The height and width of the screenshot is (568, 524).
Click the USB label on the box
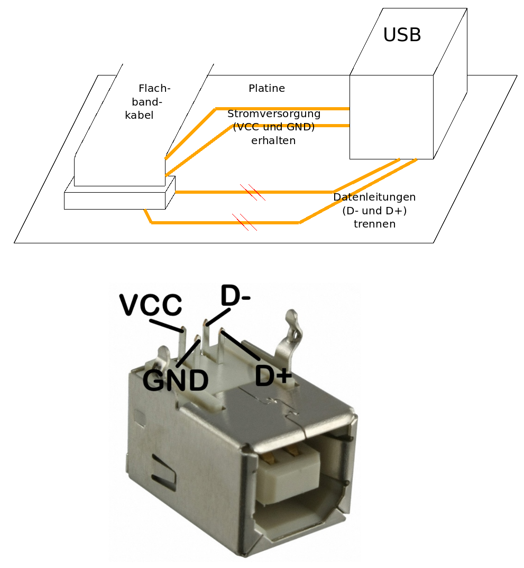[402, 35]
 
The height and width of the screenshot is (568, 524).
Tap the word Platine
[266, 88]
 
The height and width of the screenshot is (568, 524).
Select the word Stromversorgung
[274, 114]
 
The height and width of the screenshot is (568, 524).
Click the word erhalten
[273, 140]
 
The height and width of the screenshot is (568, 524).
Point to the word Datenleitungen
[374, 197]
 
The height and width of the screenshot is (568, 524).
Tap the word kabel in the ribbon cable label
[139, 115]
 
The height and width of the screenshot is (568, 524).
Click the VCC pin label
[151, 305]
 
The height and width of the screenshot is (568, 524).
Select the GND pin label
[176, 380]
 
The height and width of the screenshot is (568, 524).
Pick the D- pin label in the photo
[235, 295]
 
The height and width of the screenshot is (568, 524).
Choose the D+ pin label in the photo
[273, 375]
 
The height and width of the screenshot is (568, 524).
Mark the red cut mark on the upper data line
[253, 192]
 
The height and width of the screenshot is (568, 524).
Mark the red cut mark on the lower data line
[245, 222]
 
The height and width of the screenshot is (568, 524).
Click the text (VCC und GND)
[273, 127]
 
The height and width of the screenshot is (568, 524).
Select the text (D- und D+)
[374, 211]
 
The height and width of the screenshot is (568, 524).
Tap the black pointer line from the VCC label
[166, 325]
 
